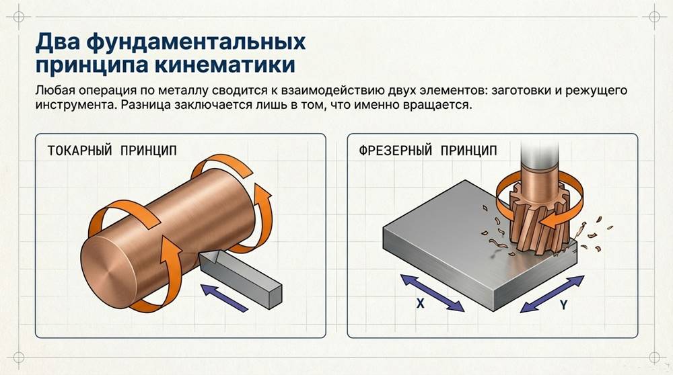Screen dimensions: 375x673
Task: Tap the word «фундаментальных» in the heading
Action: coord(192,42)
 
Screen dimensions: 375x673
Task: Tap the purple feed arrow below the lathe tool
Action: coord(225,296)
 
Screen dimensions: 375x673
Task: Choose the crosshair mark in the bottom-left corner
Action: coord(19,356)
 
